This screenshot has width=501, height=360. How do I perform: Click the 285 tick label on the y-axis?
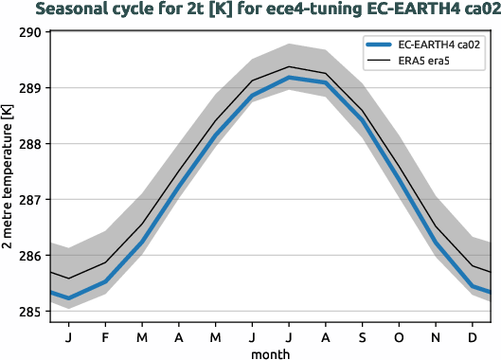(31, 312)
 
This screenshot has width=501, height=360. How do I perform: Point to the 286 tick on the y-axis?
(31, 256)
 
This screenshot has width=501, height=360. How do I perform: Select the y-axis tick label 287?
(31, 200)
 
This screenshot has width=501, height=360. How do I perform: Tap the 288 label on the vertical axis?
(31, 144)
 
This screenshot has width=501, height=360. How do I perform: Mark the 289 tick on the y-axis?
(31, 88)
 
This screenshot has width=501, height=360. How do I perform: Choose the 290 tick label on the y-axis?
(31, 32)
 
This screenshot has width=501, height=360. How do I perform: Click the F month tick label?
(105, 336)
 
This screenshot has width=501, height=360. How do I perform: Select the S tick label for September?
(362, 336)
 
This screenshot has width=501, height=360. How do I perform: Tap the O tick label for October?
(399, 336)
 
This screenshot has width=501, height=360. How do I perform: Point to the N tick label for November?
(436, 336)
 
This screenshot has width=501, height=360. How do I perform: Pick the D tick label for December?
(472, 336)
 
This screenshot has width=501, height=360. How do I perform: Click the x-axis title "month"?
(270, 352)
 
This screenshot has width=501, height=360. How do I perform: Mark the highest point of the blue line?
(289, 78)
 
